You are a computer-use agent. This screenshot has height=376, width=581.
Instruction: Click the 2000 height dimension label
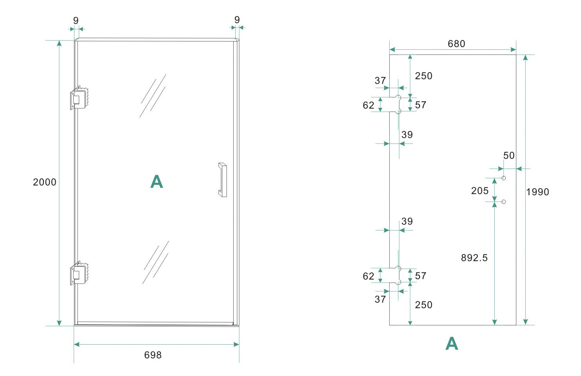pyautogui.click(x=45, y=182)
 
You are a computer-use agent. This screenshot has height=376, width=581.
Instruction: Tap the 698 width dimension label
pyautogui.click(x=153, y=355)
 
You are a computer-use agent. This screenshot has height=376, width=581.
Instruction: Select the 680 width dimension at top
pyautogui.click(x=456, y=44)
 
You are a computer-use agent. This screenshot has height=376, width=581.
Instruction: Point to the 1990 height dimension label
pyautogui.click(x=537, y=192)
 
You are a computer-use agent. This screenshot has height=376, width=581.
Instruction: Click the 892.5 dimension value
pyautogui.click(x=474, y=258)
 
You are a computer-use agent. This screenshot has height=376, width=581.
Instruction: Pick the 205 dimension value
pyautogui.click(x=480, y=191)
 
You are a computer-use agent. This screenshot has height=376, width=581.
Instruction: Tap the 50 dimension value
pyautogui.click(x=509, y=155)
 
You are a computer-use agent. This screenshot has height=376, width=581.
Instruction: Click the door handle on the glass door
pyautogui.click(x=223, y=180)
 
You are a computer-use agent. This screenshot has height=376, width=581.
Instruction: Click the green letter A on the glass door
pyautogui.click(x=156, y=182)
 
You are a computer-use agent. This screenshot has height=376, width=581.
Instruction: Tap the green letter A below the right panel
pyautogui.click(x=452, y=343)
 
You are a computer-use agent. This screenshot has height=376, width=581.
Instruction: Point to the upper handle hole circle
pyautogui.click(x=504, y=178)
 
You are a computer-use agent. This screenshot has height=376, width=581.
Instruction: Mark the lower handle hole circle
pyautogui.click(x=504, y=202)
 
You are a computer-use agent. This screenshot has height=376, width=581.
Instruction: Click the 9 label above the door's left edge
pyautogui.click(x=76, y=20)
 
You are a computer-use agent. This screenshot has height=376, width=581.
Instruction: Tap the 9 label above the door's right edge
pyautogui.click(x=237, y=20)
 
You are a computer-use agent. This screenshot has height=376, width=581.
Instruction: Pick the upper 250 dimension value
pyautogui.click(x=423, y=76)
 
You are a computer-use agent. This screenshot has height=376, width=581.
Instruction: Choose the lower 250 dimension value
pyautogui.click(x=423, y=305)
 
